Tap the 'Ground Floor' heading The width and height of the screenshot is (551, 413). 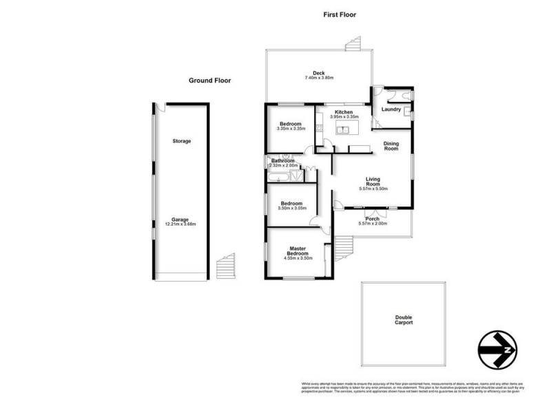click(210, 81)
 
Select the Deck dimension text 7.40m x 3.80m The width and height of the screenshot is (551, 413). click(319, 78)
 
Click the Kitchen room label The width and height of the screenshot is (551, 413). click(344, 112)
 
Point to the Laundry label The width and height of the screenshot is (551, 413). click(391, 109)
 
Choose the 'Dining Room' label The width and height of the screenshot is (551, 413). click(391, 146)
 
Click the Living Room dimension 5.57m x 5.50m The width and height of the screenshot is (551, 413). click(373, 188)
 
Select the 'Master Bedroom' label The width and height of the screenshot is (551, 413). click(298, 251)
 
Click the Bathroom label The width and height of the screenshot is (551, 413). click(282, 160)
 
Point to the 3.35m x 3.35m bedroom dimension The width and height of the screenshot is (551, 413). click(291, 129)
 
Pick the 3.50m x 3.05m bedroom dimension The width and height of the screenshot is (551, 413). click(291, 208)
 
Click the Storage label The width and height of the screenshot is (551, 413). click(181, 141)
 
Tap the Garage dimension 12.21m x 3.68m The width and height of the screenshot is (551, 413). click(181, 224)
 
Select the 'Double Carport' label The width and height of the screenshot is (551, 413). click(404, 320)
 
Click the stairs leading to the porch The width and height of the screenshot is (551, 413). click(344, 245)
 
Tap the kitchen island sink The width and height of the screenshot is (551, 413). click(347, 129)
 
